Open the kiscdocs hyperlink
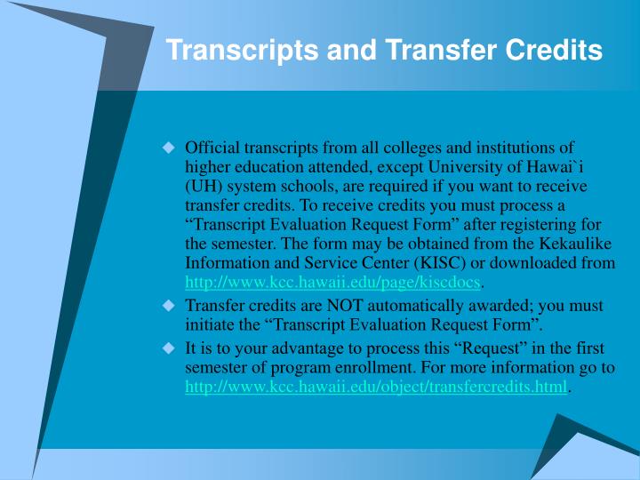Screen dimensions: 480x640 (x=333, y=284)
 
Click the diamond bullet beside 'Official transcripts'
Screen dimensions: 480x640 (x=169, y=148)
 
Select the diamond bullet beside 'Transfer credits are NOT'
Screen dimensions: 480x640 (x=169, y=305)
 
